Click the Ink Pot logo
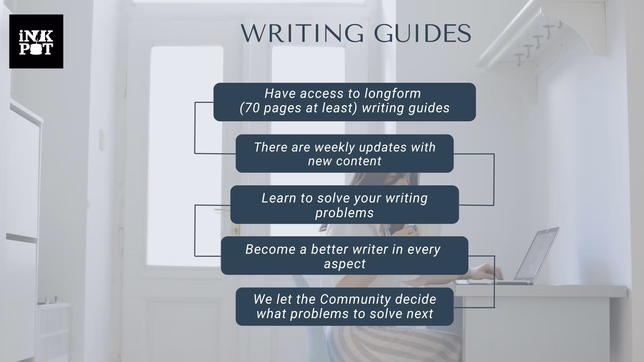click(36, 42)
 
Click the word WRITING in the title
click(302, 34)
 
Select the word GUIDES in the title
click(423, 34)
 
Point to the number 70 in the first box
click(252, 108)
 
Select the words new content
click(344, 161)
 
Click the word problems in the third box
click(344, 213)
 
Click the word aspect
click(344, 264)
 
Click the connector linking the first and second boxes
click(195, 128)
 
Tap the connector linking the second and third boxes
click(494, 179)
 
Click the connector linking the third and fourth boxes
click(195, 230)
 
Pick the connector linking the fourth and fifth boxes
click(494, 282)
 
